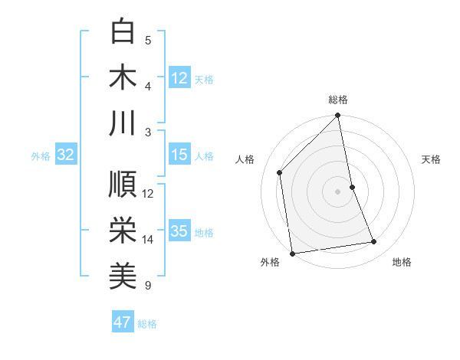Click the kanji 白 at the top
(x=123, y=32)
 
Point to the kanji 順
(x=123, y=185)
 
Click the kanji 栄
(x=123, y=230)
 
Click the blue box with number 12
(x=179, y=78)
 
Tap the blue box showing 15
(x=179, y=155)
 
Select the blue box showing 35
(x=179, y=232)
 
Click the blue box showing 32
(x=65, y=155)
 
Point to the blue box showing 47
(x=123, y=322)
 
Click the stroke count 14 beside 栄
(x=148, y=240)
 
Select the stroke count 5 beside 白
(x=148, y=40)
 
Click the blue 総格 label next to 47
(x=147, y=323)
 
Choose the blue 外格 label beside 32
(x=41, y=156)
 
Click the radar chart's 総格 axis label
(x=338, y=100)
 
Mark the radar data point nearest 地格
(x=374, y=242)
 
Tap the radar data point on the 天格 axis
(x=352, y=187)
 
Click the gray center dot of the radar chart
(x=338, y=191)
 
